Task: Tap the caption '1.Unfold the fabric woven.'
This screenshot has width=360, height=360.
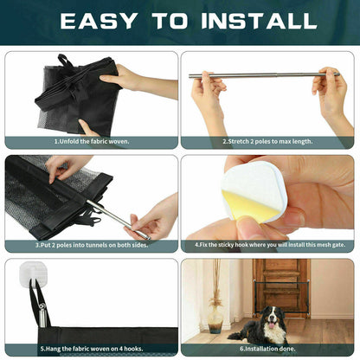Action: (91, 141)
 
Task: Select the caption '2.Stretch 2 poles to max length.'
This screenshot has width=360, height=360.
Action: (269, 141)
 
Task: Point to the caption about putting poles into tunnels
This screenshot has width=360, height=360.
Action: (91, 246)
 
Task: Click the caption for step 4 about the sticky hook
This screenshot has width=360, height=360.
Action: (269, 246)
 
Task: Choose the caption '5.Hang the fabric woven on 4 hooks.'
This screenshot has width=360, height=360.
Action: (91, 348)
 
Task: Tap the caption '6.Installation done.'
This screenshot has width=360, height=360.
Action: (269, 348)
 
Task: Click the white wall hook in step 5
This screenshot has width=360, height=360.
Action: (32, 277)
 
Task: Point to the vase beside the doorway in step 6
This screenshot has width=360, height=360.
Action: (215, 321)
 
